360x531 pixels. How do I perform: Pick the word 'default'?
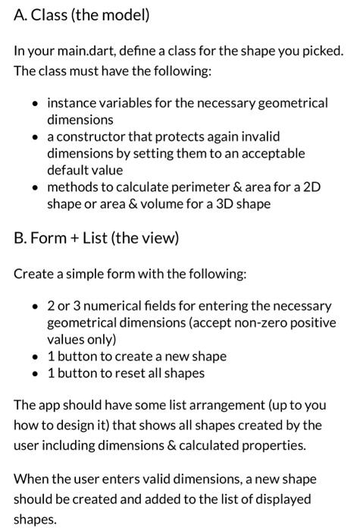click(x=67, y=170)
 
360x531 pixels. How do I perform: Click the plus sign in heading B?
click(x=74, y=239)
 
